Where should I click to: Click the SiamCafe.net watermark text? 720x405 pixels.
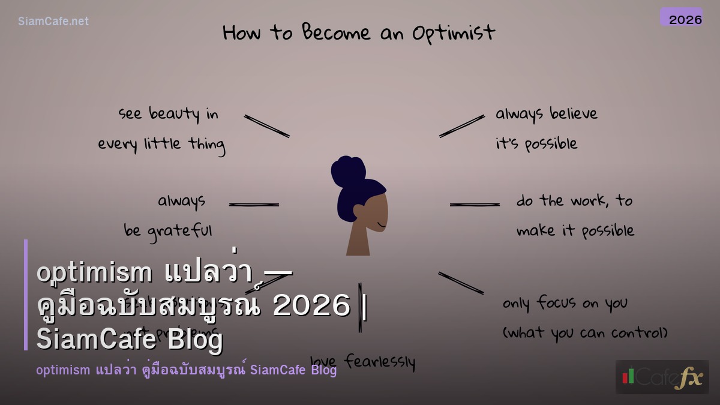53,22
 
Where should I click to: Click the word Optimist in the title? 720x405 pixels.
454,33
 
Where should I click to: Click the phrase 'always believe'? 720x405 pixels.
546,114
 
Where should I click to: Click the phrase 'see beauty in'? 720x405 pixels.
169,114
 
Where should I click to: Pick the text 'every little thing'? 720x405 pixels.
161,145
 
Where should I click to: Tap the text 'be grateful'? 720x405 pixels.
168,231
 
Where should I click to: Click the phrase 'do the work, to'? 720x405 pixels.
574,201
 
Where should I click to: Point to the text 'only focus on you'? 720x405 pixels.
565,303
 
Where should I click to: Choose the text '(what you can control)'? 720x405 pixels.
585,333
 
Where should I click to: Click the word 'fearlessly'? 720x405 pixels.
380,362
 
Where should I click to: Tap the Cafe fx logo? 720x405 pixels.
662,377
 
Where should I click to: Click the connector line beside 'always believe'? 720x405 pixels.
461,126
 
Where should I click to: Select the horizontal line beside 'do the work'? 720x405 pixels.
475,205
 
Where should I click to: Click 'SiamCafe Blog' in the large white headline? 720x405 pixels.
130,340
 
